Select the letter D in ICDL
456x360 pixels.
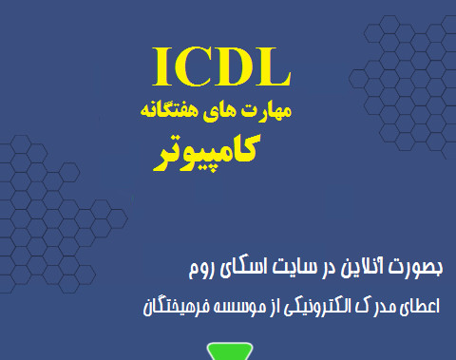(237, 66)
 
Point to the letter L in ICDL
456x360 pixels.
(275, 66)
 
